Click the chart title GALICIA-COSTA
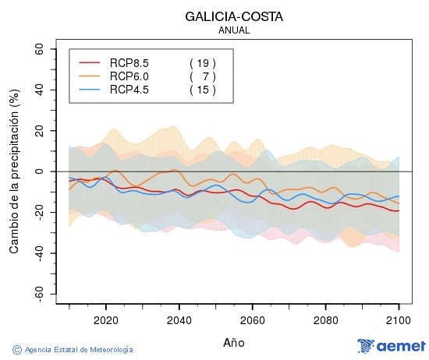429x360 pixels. (234, 16)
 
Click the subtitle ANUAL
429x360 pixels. (234, 30)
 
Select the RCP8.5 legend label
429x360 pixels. (129, 62)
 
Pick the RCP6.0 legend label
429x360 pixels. (129, 76)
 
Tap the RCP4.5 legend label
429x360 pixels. (129, 90)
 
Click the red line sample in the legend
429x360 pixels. (90, 62)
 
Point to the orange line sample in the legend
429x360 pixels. (90, 76)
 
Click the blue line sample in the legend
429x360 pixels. (90, 90)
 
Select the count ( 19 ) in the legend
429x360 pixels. (202, 62)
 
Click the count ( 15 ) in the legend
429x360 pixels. (202, 90)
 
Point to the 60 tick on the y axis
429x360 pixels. (38, 48)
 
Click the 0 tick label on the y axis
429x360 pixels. (41, 171)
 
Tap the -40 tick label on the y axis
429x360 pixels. (36, 253)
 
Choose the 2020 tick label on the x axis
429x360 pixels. (105, 319)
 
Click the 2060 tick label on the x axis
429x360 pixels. (252, 319)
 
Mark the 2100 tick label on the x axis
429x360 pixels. (399, 319)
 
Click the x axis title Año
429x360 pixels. (234, 342)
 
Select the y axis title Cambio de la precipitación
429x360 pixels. (13, 171)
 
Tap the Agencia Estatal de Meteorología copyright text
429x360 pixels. (73, 350)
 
